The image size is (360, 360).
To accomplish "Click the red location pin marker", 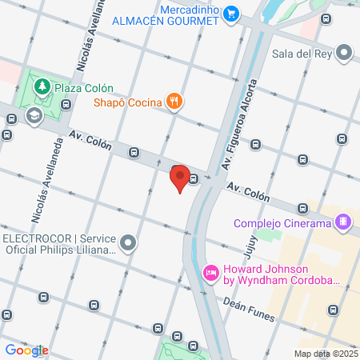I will (180, 178).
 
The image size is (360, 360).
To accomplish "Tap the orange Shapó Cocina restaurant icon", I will (174, 101).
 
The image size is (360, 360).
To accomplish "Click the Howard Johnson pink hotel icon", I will (211, 273).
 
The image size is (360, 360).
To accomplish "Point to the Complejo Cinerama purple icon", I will (343, 222).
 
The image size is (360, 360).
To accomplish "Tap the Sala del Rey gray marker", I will (345, 54).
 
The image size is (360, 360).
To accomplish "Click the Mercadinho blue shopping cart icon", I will (231, 12).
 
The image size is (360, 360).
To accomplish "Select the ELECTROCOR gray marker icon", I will (129, 242).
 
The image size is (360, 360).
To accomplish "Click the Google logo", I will (26, 350).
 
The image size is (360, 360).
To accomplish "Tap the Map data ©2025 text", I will (326, 354).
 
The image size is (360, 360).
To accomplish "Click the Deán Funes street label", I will (232, 301).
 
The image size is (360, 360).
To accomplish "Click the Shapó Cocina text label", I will (128, 102).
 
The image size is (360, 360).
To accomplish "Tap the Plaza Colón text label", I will (83, 88).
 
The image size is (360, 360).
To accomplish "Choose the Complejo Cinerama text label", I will (282, 223).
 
